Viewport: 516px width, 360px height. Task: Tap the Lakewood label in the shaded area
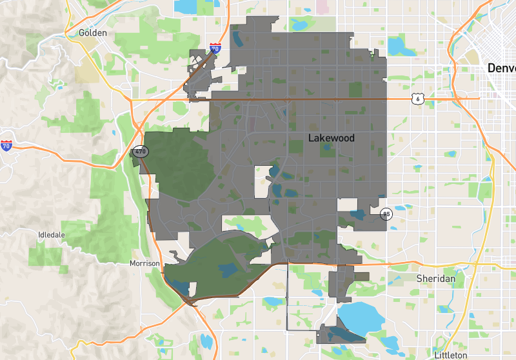(x=331, y=138)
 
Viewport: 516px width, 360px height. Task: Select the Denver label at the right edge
(x=501, y=68)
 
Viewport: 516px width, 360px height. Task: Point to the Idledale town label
(x=52, y=235)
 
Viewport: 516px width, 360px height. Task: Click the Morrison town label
(x=144, y=264)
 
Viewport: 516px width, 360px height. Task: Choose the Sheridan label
(x=435, y=278)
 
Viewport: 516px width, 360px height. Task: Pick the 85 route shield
(x=386, y=214)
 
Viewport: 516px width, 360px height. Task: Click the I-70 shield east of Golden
(x=215, y=48)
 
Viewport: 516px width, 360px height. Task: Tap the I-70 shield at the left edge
(x=6, y=146)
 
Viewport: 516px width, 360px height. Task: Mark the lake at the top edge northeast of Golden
(x=188, y=6)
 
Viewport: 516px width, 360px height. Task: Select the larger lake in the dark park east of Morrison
(x=228, y=270)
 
